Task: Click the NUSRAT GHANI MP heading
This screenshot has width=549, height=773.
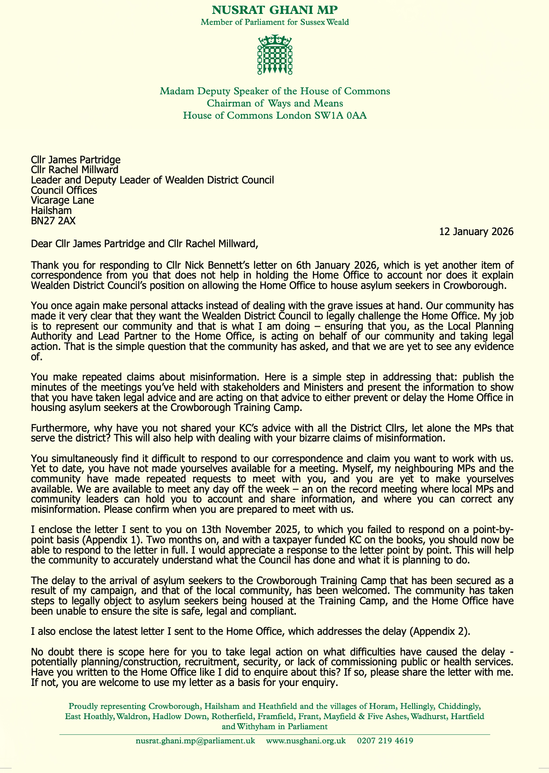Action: (x=275, y=9)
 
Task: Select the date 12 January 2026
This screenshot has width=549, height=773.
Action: (x=476, y=232)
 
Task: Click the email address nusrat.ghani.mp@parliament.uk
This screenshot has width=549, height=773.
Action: (x=195, y=741)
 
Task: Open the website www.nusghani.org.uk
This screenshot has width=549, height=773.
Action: (x=306, y=741)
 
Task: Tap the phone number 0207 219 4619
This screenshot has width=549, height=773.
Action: (x=385, y=741)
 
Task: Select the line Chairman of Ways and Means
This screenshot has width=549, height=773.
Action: (x=275, y=104)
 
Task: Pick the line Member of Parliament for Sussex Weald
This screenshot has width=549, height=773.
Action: (x=275, y=22)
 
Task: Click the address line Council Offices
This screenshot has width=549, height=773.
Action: (x=64, y=190)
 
